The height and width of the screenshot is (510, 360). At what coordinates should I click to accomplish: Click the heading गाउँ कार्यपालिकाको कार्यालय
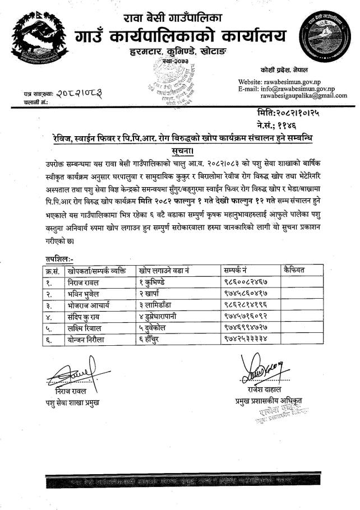tap(180, 37)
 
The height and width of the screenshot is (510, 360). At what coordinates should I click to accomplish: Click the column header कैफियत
tap(294, 270)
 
